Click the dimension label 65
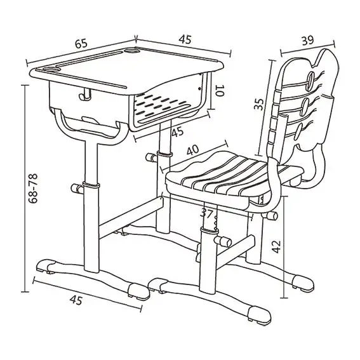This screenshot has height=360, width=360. point(81,44)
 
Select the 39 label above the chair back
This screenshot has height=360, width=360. point(308,40)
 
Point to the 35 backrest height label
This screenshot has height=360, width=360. point(259,104)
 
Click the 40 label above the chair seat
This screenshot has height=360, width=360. point(193,150)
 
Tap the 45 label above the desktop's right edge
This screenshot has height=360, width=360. point(185,39)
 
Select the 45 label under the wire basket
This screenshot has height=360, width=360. point(178,131)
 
